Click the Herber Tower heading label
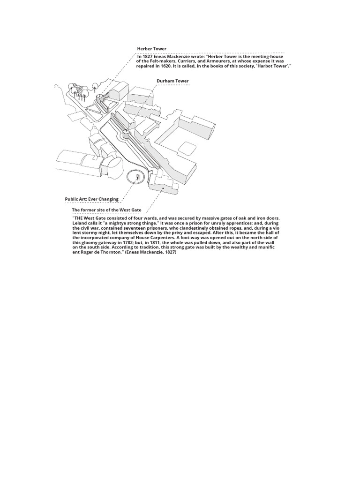coord(151,49)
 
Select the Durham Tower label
coord(172,81)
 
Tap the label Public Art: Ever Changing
coord(91,199)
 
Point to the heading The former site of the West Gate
coord(106,210)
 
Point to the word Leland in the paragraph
coord(80,223)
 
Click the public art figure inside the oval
coord(137,177)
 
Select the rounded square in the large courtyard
coord(187,148)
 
